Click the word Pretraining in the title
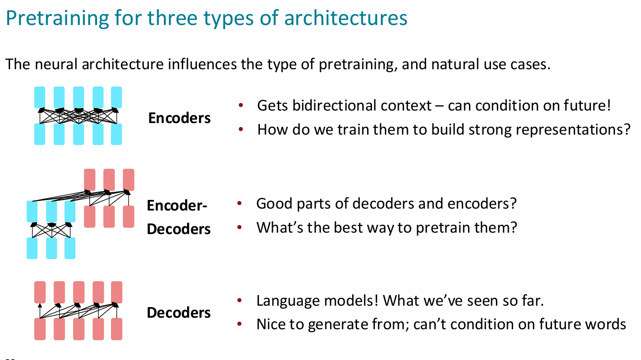(x=57, y=18)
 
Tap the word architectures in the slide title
(x=345, y=18)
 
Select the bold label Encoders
(x=179, y=118)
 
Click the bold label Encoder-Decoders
(x=179, y=217)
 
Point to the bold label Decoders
(x=179, y=312)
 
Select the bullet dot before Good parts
(x=239, y=203)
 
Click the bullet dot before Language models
(x=239, y=300)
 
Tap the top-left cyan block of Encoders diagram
(x=40, y=97)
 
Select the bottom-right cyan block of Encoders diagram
(x=116, y=134)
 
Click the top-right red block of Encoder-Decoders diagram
(x=128, y=180)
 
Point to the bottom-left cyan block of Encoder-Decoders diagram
(x=32, y=248)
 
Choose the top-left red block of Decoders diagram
(x=40, y=292)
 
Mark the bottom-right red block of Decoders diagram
(x=116, y=329)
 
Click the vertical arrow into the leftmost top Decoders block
(x=40, y=311)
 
